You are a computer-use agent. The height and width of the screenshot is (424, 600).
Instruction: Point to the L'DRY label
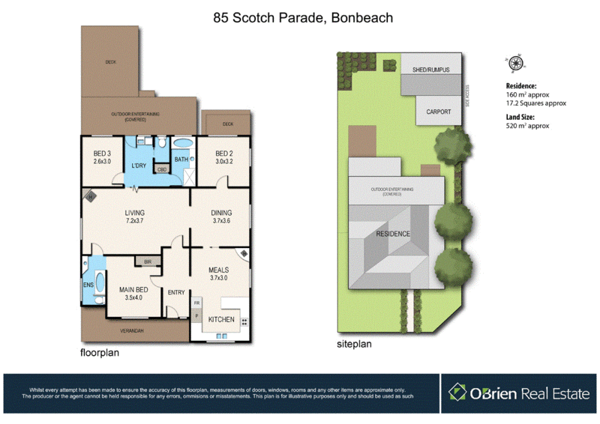(x=139, y=166)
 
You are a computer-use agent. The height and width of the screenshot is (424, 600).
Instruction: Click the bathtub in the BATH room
(x=182, y=144)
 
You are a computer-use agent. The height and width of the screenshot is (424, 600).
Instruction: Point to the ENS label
(x=88, y=285)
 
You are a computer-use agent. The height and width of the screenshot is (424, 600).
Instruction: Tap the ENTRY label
(x=176, y=292)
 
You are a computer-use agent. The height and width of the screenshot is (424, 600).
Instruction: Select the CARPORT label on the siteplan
(x=439, y=112)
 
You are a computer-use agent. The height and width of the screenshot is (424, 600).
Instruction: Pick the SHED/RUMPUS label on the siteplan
(x=430, y=70)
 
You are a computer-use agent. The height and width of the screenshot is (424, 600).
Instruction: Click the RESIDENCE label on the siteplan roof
(x=393, y=234)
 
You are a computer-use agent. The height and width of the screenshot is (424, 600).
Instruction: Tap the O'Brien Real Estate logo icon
(x=457, y=392)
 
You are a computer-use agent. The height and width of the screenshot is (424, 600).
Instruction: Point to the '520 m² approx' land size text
(x=528, y=126)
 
